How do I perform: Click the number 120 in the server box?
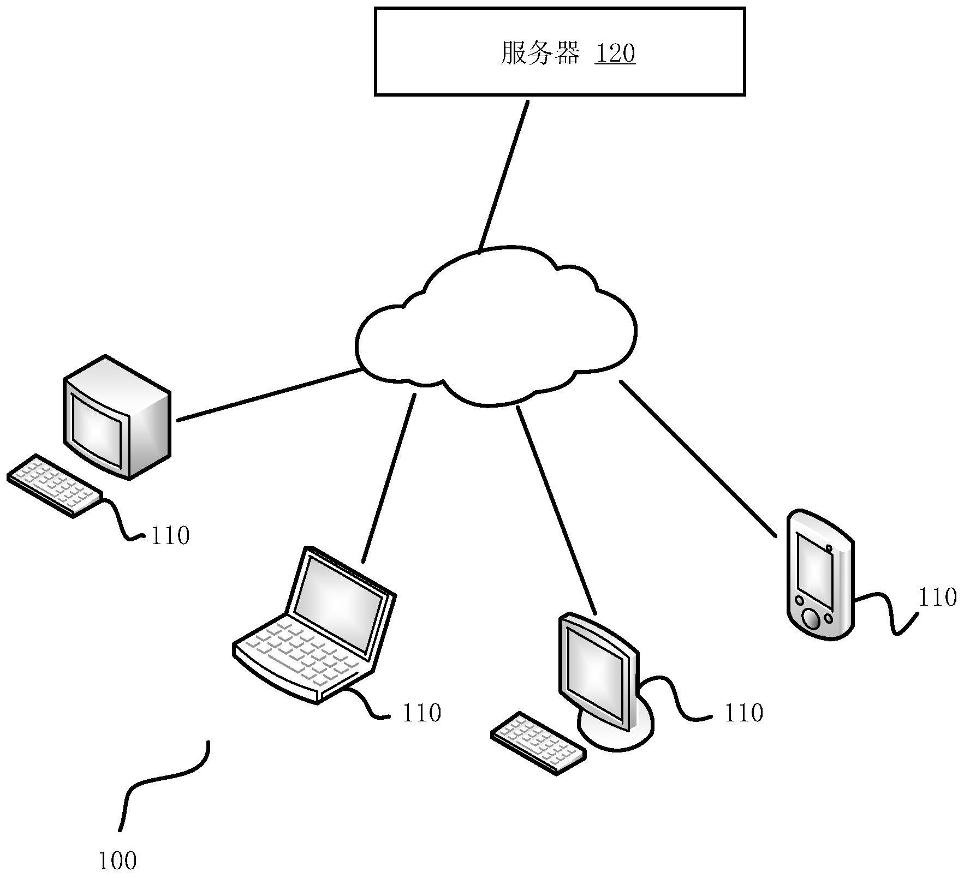[x=615, y=54]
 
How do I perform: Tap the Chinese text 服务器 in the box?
[x=539, y=54]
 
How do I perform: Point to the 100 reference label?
[x=117, y=861]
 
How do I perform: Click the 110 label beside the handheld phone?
[x=937, y=598]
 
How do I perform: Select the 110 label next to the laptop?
[x=421, y=713]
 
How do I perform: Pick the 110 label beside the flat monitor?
[x=743, y=713]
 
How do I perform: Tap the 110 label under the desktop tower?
[x=170, y=536]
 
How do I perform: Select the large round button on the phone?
[x=811, y=619]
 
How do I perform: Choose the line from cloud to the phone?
[x=697, y=458]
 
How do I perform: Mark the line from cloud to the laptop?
[x=389, y=478]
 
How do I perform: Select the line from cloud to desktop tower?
[x=269, y=395]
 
